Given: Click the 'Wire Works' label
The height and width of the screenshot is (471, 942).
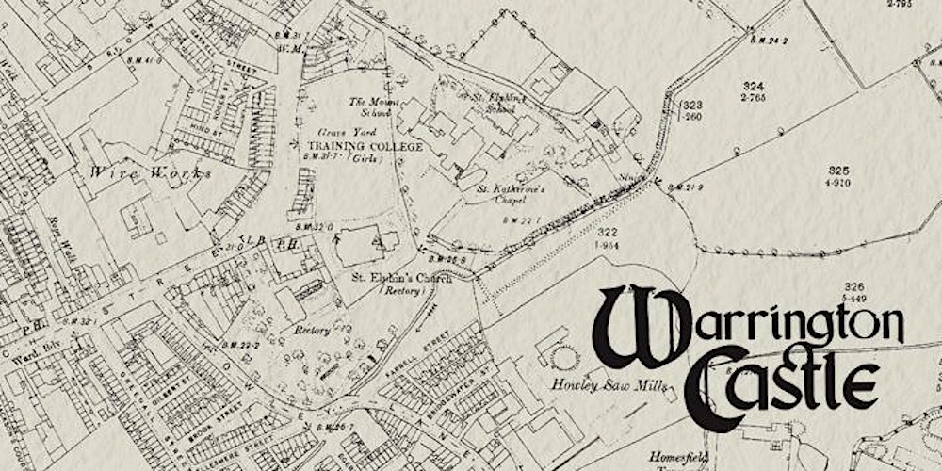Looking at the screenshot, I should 152,172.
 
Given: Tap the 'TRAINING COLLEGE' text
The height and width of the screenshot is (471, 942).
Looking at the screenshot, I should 364,147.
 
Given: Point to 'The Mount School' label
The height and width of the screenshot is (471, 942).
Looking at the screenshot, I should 369,106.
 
